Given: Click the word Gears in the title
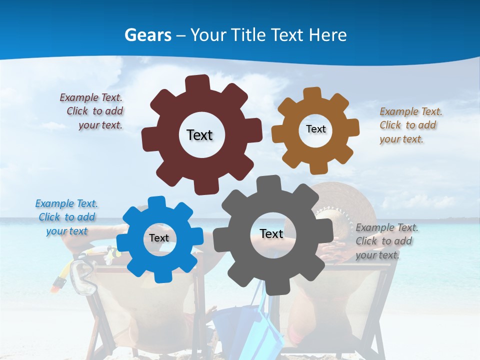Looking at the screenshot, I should point(147,35).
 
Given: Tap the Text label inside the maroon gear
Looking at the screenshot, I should point(199,135).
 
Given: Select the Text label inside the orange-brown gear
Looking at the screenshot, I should point(315,129).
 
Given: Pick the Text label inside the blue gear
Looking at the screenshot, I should point(159,238).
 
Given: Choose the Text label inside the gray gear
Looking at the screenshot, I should point(271,233).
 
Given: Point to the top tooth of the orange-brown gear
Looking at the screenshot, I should point(312,94).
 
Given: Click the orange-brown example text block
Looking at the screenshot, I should point(410,125).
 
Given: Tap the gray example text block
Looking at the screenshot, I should point(386,241).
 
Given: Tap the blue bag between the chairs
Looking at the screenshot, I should point(260,325).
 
